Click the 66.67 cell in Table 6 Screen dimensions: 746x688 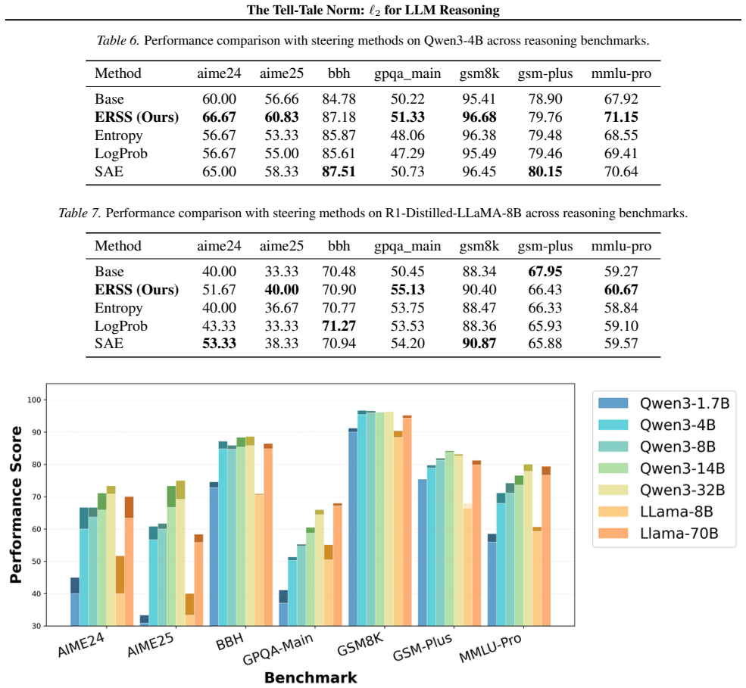220,117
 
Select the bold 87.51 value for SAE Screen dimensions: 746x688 339,172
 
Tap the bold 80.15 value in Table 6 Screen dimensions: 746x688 545,172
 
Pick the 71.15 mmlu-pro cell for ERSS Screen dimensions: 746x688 621,117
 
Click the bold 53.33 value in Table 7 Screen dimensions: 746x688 220,344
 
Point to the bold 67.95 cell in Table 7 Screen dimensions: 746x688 545,272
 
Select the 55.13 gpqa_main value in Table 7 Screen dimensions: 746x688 407,290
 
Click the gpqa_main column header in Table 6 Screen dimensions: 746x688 407,74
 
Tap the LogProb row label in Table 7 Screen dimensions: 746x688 121,326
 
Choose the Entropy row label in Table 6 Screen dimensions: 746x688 118,135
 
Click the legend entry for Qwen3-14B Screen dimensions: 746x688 661,469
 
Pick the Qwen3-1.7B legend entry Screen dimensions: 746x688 663,403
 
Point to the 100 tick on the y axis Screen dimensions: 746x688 34,400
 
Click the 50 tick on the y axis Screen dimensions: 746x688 36,562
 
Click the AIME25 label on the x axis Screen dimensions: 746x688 151,645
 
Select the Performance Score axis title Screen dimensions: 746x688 16,505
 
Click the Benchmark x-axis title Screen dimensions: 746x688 311,677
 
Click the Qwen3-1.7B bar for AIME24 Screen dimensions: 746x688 75,602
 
